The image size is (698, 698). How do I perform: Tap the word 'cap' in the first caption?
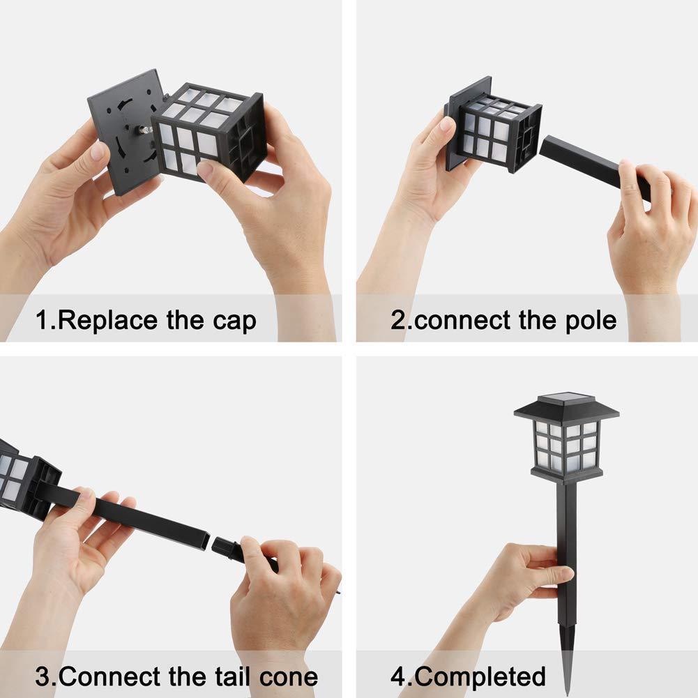[x=234, y=322]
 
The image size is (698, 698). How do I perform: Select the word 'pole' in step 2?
[x=591, y=321]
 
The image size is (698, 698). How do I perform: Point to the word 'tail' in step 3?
[x=234, y=676]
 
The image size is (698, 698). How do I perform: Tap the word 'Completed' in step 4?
[x=480, y=677]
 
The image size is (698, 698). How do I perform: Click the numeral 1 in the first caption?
[x=43, y=320]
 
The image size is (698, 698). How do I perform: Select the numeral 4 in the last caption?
[x=399, y=676]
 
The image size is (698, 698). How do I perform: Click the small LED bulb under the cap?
[x=146, y=130]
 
